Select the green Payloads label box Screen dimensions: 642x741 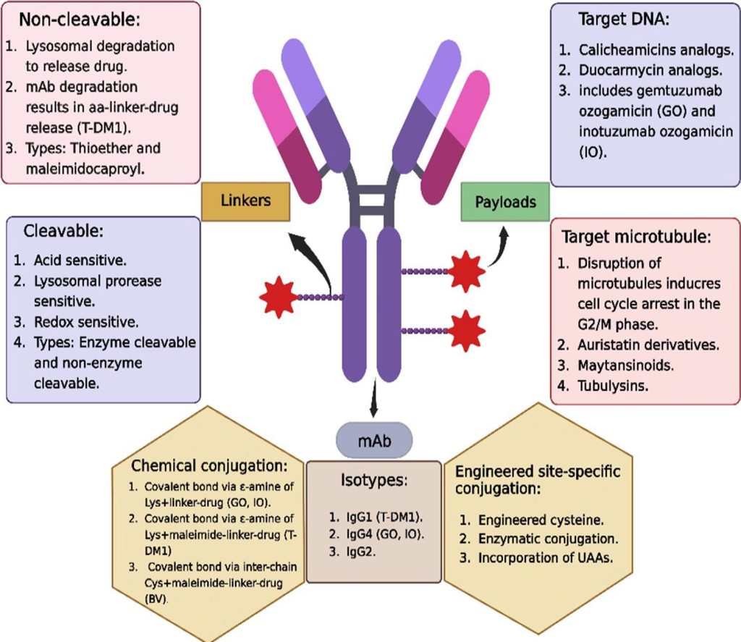click(506, 201)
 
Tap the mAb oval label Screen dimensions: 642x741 click(374, 442)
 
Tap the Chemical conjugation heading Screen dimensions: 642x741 click(210, 465)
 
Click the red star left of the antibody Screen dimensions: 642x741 click(278, 297)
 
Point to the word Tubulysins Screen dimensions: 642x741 click(613, 385)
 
